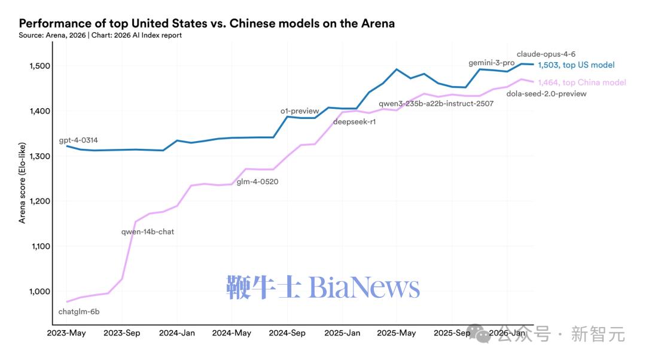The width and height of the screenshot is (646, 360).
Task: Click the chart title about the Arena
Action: pyautogui.click(x=206, y=23)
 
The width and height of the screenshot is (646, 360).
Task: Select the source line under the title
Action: pyautogui.click(x=100, y=35)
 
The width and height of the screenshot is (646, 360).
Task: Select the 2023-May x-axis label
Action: pyautogui.click(x=67, y=333)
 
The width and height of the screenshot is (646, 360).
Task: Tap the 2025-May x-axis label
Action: pyautogui.click(x=397, y=333)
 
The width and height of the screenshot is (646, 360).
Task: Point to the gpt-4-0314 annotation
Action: pyautogui.click(x=78, y=141)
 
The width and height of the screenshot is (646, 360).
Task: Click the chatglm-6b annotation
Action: pyautogui.click(x=79, y=312)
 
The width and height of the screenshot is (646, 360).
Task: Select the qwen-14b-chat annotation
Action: pyautogui.click(x=148, y=231)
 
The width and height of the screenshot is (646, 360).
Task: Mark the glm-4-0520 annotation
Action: pyautogui.click(x=258, y=181)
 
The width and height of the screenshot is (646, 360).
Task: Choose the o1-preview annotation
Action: pyautogui.click(x=300, y=111)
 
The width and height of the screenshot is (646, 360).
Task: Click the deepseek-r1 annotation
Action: pyautogui.click(x=354, y=123)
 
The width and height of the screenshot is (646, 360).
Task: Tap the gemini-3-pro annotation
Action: pyautogui.click(x=491, y=63)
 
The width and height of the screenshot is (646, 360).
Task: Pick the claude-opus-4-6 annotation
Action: pyautogui.click(x=546, y=54)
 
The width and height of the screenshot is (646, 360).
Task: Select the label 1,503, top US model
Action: pyautogui.click(x=576, y=65)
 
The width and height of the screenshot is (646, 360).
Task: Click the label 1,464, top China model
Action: pyautogui.click(x=581, y=83)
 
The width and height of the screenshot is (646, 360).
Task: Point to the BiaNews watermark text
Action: pyautogui.click(x=323, y=288)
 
